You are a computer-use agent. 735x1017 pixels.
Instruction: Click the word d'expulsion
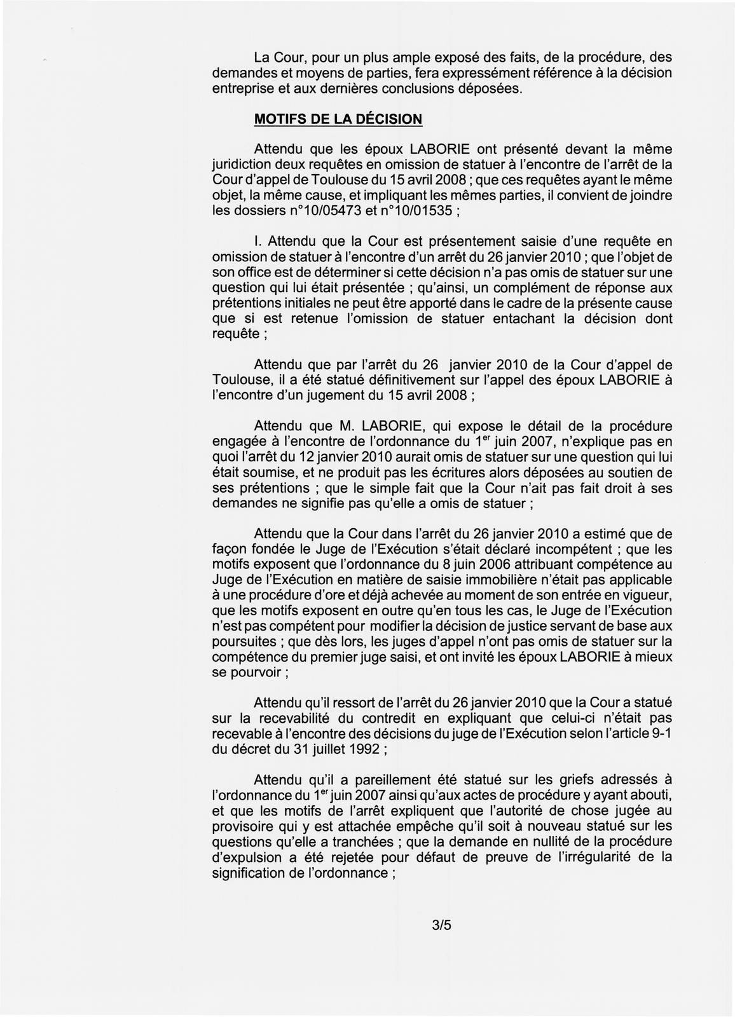(x=244, y=857)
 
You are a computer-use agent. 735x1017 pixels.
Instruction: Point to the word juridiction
(x=244, y=165)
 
